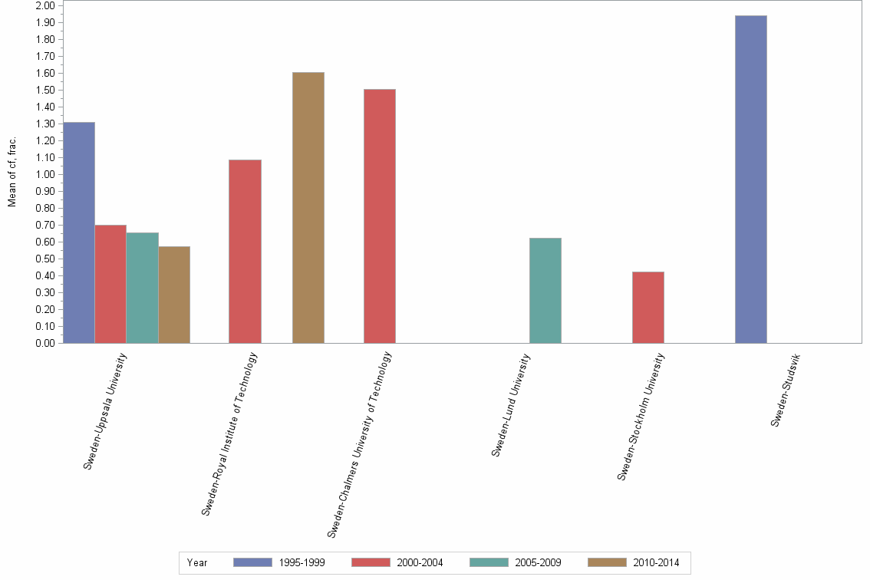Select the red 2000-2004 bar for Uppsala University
pyautogui.click(x=110, y=284)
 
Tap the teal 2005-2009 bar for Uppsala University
pyautogui.click(x=142, y=288)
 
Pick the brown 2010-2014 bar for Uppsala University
pyautogui.click(x=174, y=295)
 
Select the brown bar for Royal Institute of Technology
pyautogui.click(x=308, y=208)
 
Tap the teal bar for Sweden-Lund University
pyautogui.click(x=545, y=291)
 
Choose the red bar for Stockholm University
pyautogui.click(x=648, y=308)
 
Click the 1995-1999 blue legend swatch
pyautogui.click(x=252, y=562)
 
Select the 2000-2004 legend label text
pyautogui.click(x=420, y=562)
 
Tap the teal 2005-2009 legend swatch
pyautogui.click(x=489, y=562)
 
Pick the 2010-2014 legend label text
pyautogui.click(x=656, y=562)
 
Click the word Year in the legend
pyautogui.click(x=197, y=562)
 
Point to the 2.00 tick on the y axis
pyautogui.click(x=45, y=6)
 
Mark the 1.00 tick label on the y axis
pyautogui.click(x=45, y=175)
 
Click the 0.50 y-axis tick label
pyautogui.click(x=45, y=259)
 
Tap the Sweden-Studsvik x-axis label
pyautogui.click(x=787, y=391)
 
